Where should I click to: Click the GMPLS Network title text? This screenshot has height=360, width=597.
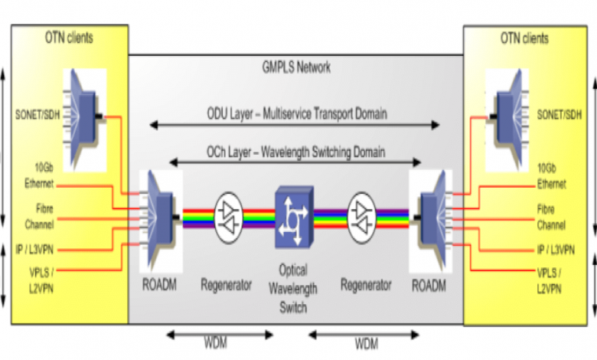[x=296, y=67]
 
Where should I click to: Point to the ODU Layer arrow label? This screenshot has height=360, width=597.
[x=295, y=113]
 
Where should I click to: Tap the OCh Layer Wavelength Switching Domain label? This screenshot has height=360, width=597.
[x=295, y=152]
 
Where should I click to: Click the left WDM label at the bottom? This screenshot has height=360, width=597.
[x=219, y=340]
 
